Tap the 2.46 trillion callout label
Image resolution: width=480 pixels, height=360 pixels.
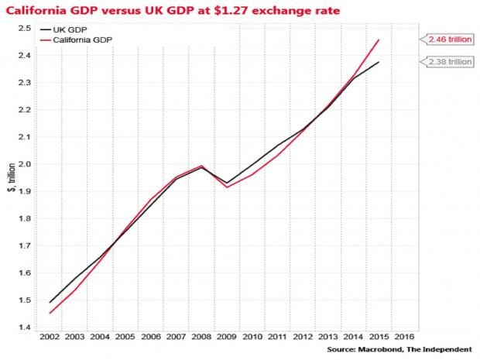[447, 38]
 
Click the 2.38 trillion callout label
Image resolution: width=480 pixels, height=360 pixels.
[447, 62]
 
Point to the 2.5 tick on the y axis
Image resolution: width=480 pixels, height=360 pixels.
[24, 29]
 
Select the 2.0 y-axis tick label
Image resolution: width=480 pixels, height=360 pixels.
[24, 164]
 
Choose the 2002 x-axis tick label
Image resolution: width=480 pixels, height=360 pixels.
[49, 338]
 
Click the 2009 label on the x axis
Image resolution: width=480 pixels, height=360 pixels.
[227, 338]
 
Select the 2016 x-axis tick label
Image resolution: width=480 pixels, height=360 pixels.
[404, 338]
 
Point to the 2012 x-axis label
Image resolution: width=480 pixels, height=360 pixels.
[303, 338]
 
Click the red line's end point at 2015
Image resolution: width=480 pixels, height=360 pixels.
[379, 39]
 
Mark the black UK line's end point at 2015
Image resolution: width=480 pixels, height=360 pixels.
[379, 62]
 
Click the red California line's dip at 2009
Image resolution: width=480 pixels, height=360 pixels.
[227, 187]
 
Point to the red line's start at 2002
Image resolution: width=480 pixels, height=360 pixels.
[49, 314]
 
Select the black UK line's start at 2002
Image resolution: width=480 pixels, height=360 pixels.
[49, 303]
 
